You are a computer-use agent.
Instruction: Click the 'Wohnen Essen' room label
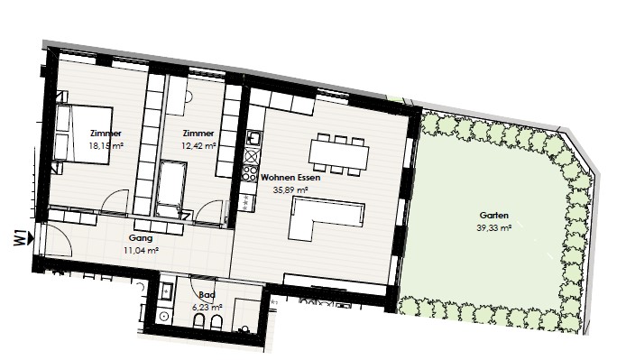click(x=290, y=178)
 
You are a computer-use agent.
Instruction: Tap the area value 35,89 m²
click(x=290, y=190)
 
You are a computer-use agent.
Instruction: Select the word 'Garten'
click(x=493, y=216)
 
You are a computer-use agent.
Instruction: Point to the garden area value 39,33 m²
click(x=494, y=228)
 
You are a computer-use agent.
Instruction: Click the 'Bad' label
click(x=207, y=295)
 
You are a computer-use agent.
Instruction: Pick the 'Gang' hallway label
click(x=141, y=238)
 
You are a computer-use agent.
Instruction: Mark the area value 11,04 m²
click(x=142, y=251)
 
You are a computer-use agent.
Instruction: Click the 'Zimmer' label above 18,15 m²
click(x=106, y=134)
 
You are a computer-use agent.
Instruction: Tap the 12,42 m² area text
click(x=198, y=146)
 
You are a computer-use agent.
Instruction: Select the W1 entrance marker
click(x=23, y=237)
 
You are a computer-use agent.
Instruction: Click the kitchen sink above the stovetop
click(x=253, y=138)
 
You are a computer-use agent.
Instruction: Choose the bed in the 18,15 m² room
click(x=83, y=134)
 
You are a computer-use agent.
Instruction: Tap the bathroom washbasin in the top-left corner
click(x=167, y=291)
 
